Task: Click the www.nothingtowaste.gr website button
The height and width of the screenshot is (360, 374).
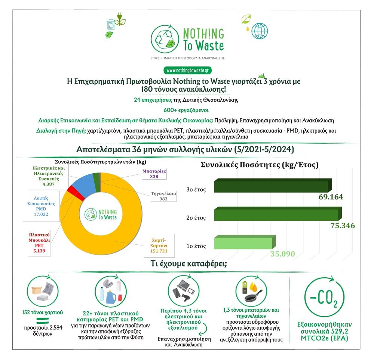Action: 187,70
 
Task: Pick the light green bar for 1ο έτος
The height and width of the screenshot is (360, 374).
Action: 243,242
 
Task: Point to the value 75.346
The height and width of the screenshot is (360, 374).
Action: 343,226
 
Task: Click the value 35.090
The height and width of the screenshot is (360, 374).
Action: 282,254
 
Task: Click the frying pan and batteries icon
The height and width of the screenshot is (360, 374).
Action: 253,292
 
